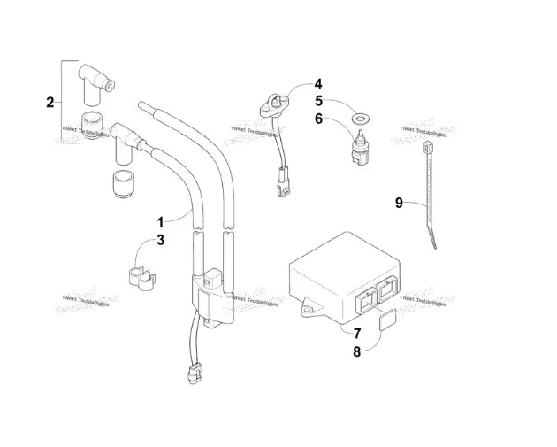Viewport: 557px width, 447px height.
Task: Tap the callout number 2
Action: coord(50,102)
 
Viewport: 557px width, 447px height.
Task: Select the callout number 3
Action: coord(161,240)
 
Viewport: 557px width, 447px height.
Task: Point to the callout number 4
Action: coord(319,85)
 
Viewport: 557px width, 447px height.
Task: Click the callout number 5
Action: coord(319,101)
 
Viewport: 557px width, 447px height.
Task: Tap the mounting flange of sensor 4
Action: coord(272,107)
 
